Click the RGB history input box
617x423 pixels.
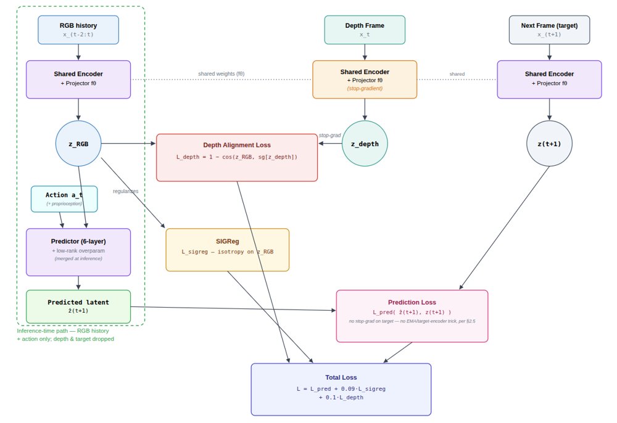pyautogui.click(x=78, y=30)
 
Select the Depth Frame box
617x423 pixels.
pyautogui.click(x=365, y=30)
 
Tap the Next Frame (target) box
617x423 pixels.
pyautogui.click(x=549, y=30)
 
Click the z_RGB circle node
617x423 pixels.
pyautogui.click(x=78, y=144)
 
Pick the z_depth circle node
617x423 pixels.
pyautogui.click(x=365, y=144)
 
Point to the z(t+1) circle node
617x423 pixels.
pyautogui.click(x=549, y=144)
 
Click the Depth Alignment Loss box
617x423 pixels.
pyautogui.click(x=237, y=158)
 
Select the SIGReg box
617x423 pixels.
pyautogui.click(x=228, y=250)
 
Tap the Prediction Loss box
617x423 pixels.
pyautogui.click(x=412, y=316)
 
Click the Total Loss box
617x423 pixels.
pyautogui.click(x=341, y=389)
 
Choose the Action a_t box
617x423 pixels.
pyautogui.click(x=64, y=199)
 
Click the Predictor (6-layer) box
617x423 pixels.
pyautogui.click(x=78, y=252)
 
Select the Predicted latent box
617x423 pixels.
pyautogui.click(x=78, y=306)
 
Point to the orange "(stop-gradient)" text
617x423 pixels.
pyautogui.click(x=365, y=88)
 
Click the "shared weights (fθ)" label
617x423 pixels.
pyautogui.click(x=221, y=73)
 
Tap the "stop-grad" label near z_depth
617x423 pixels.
pyautogui.click(x=329, y=135)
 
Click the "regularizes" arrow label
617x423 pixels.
pyautogui.click(x=125, y=191)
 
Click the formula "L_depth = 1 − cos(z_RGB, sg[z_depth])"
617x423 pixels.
pyautogui.click(x=237, y=157)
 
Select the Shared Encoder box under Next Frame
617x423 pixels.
pyautogui.click(x=549, y=80)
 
